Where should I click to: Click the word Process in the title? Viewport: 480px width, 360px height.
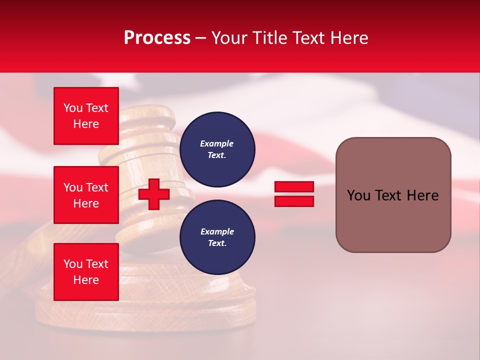pos(157,38)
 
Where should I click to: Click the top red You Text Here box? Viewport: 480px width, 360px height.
pos(86,116)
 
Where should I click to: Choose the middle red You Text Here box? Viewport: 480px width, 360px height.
pos(86,195)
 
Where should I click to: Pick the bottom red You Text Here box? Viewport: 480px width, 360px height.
pos(86,272)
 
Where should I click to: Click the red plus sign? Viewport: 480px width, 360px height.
pos(154,194)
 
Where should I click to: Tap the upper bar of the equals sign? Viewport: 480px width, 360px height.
pos(294,186)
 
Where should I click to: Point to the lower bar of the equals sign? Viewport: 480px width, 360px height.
pos(294,201)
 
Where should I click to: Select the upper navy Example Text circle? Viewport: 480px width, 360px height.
pos(217,149)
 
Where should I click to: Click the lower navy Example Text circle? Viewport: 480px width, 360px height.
pos(217,237)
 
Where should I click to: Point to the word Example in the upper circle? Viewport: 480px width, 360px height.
pos(217,143)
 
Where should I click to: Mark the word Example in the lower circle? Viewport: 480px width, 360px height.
pos(217,231)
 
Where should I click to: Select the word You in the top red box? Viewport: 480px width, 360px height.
pos(73,108)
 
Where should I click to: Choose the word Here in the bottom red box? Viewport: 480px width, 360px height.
pos(86,280)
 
